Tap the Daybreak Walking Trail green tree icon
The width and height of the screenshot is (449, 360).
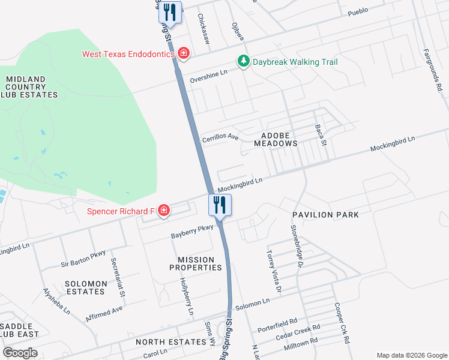click(243, 62)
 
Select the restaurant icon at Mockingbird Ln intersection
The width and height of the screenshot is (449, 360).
click(220, 205)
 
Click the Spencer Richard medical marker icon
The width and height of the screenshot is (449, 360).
click(163, 211)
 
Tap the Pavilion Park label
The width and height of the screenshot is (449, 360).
click(325, 214)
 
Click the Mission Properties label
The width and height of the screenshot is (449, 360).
click(196, 263)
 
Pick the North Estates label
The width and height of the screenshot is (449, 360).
click(170, 342)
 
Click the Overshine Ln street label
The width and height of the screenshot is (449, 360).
click(209, 76)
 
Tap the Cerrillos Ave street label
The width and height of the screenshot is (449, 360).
click(220, 138)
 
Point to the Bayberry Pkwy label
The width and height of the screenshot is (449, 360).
click(192, 232)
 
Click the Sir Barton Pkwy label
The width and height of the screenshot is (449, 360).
click(83, 259)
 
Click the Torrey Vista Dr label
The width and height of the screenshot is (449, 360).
click(274, 271)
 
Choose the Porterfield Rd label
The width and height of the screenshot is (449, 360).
click(277, 326)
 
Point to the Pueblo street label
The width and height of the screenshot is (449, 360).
click(358, 11)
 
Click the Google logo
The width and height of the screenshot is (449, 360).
click(20, 353)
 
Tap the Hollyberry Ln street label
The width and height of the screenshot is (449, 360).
click(187, 296)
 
